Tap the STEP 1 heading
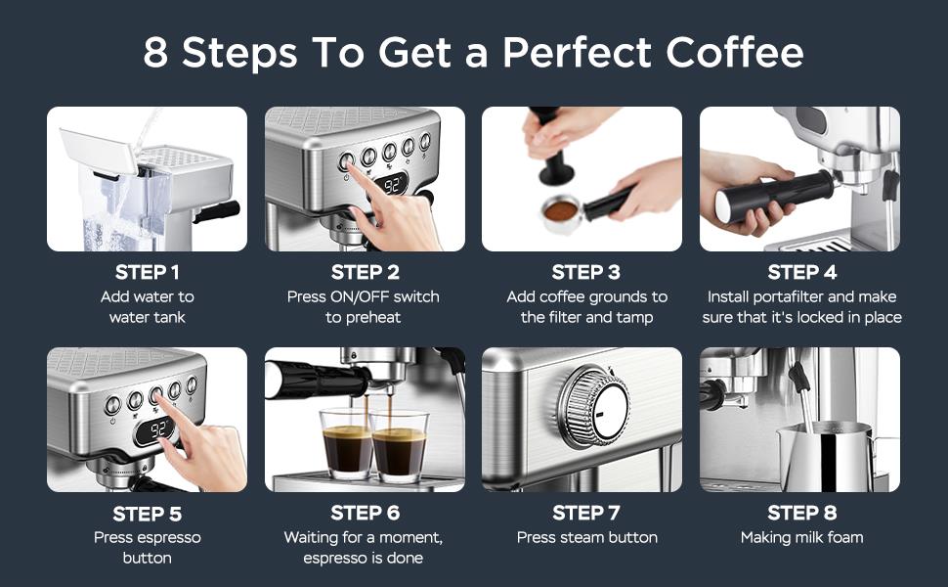(147, 272)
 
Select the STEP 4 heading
(799, 272)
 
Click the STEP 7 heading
(586, 513)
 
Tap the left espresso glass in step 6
(346, 445)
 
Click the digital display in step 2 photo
(395, 184)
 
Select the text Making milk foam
(801, 537)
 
